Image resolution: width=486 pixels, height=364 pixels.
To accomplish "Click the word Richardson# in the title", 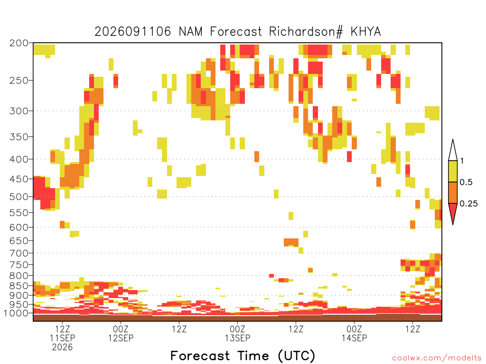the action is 306,32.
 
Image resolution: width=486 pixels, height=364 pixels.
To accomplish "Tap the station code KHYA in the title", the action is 366,32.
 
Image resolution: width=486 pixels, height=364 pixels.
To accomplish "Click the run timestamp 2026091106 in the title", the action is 133,32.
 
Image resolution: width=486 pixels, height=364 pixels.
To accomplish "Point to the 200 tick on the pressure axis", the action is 19,43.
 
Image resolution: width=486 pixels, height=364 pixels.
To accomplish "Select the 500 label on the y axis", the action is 19,197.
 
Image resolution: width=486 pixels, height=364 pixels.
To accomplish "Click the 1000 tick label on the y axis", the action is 16,313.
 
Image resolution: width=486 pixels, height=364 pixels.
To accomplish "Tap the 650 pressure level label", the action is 19,241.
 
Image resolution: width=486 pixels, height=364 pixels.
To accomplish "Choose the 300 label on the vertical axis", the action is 19,111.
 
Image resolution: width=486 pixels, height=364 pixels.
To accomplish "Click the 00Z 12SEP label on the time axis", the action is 121,333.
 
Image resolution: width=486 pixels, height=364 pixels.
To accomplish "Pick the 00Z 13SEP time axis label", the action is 237,333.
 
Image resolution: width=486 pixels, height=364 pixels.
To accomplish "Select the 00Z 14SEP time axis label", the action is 354,333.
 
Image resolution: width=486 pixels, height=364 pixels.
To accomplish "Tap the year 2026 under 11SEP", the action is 62,347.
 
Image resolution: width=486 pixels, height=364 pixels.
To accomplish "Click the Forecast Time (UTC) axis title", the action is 243,356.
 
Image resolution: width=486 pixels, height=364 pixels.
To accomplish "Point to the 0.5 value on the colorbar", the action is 466,182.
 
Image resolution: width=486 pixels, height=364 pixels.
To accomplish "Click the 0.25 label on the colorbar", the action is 468,204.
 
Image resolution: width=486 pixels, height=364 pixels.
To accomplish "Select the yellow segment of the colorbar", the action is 453,171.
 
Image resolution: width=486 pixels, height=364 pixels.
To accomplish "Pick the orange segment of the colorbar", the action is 453,192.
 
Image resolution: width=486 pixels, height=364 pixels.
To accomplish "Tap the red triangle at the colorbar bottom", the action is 453,211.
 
